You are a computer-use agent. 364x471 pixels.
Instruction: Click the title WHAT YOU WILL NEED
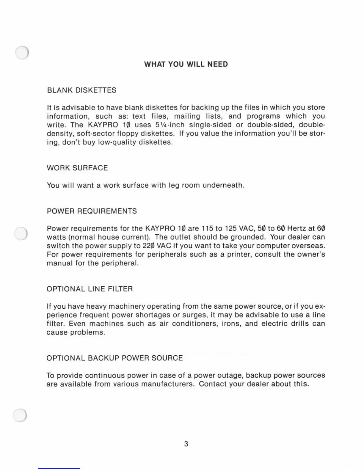[186, 64]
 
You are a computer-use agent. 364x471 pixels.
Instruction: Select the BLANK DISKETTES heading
[81, 90]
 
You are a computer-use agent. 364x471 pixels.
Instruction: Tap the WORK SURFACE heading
[77, 168]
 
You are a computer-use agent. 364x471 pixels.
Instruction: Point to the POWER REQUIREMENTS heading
[92, 211]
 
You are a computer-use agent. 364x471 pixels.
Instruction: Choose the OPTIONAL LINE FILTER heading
[90, 289]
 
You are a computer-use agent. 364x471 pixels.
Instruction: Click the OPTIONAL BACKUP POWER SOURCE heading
[114, 358]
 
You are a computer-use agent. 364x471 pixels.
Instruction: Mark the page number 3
[186, 444]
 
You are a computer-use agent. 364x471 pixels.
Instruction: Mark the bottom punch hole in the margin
[20, 415]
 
